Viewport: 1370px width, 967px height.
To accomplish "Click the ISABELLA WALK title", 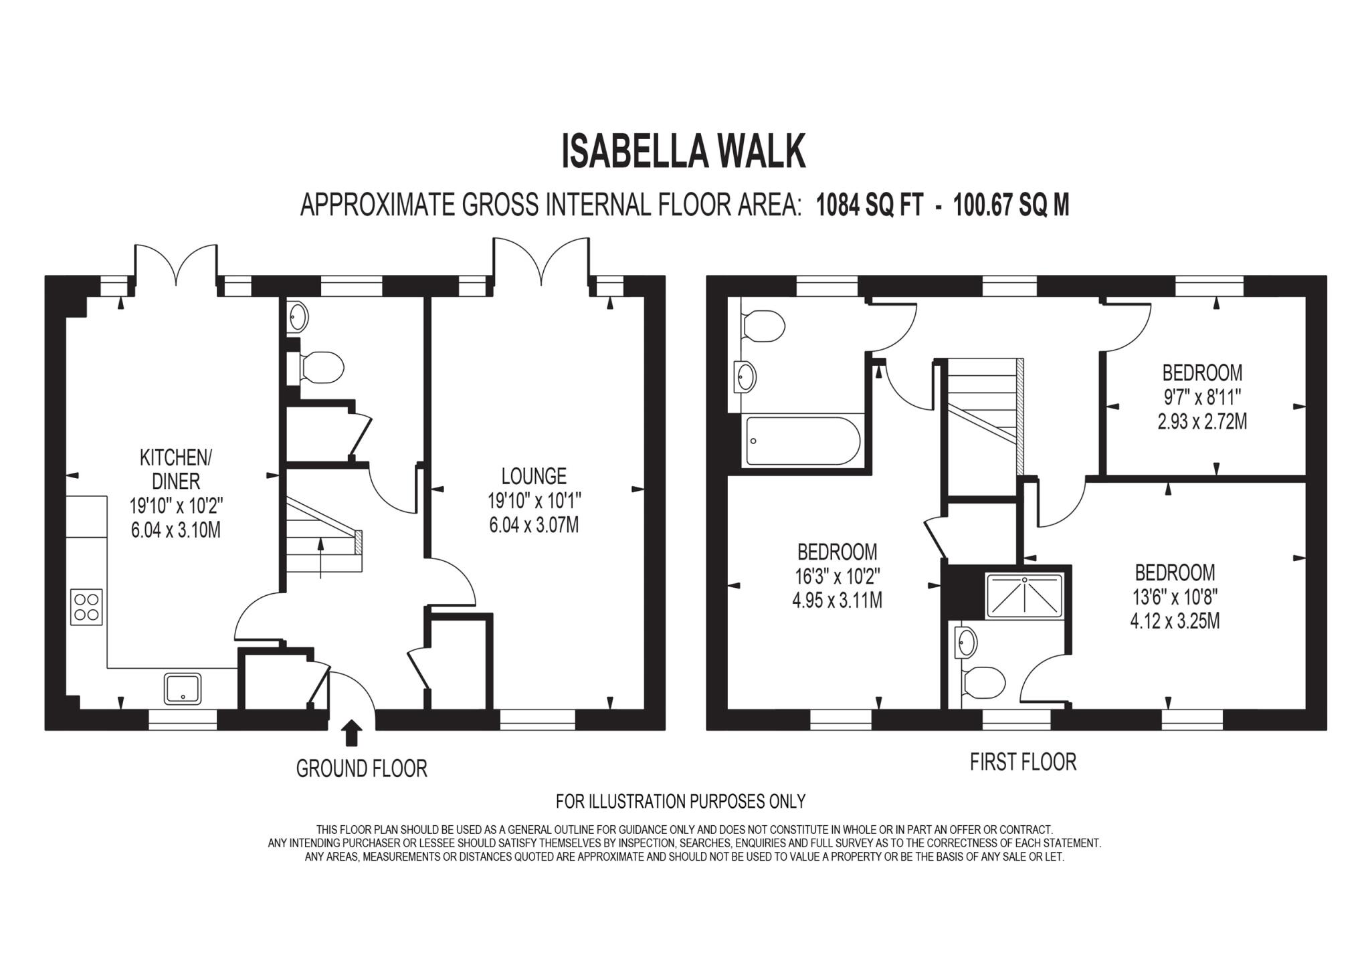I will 683,152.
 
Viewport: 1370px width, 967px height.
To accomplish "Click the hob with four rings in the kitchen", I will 86,607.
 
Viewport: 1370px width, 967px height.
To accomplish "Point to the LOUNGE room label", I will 534,476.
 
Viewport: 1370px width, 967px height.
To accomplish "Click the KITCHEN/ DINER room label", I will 175,469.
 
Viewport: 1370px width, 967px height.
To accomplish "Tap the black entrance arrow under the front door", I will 352,733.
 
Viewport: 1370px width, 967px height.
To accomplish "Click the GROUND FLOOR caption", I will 361,768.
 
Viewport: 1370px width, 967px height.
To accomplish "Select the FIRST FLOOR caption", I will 1023,762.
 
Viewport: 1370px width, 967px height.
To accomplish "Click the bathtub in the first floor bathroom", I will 802,441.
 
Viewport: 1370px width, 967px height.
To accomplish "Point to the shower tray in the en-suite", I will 1024,595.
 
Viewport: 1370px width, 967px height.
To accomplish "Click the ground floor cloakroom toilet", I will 322,366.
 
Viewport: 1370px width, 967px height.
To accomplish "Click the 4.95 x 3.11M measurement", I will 837,601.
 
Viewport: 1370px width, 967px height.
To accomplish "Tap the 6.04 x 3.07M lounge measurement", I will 534,525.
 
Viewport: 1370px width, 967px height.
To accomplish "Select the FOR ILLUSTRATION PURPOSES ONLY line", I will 680,801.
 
